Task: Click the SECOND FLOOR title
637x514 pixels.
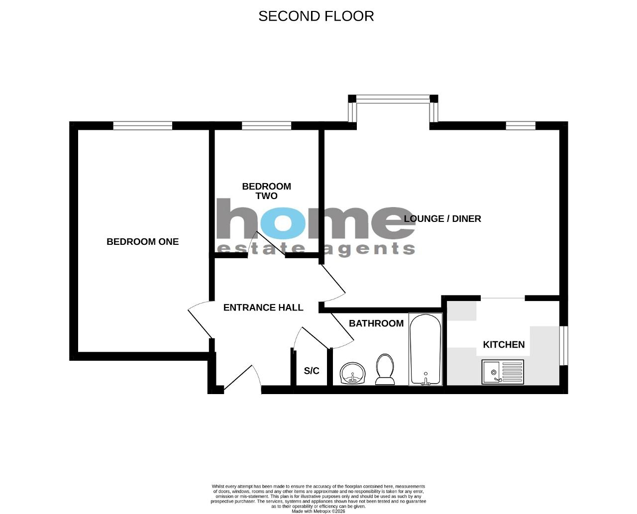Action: click(316, 16)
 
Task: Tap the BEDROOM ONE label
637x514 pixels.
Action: click(143, 241)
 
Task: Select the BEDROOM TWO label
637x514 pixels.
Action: click(266, 191)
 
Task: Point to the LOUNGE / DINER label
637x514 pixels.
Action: click(442, 218)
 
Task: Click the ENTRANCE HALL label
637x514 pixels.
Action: click(263, 308)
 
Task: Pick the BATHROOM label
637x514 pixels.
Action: click(376, 323)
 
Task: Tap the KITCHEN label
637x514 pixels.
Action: click(504, 344)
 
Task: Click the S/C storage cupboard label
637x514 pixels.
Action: click(312, 371)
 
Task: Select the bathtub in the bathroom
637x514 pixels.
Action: click(425, 349)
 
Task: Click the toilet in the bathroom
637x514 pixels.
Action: click(385, 369)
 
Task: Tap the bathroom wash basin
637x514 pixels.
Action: click(353, 373)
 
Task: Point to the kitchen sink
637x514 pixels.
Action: click(503, 372)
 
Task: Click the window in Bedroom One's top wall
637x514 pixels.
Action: click(143, 125)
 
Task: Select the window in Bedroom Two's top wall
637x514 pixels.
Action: click(266, 125)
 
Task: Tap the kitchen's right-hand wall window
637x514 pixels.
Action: click(564, 346)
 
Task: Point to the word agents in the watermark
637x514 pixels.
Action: click(370, 249)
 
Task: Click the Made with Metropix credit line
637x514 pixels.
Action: click(318, 512)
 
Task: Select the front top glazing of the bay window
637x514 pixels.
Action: click(393, 99)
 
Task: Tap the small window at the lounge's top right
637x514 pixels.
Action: click(521, 125)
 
